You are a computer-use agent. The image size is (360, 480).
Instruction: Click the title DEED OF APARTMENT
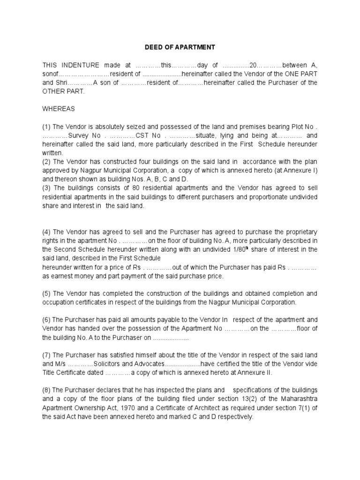180,47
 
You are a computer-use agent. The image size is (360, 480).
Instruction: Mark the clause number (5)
47,294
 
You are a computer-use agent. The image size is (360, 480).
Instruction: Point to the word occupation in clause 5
59,302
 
